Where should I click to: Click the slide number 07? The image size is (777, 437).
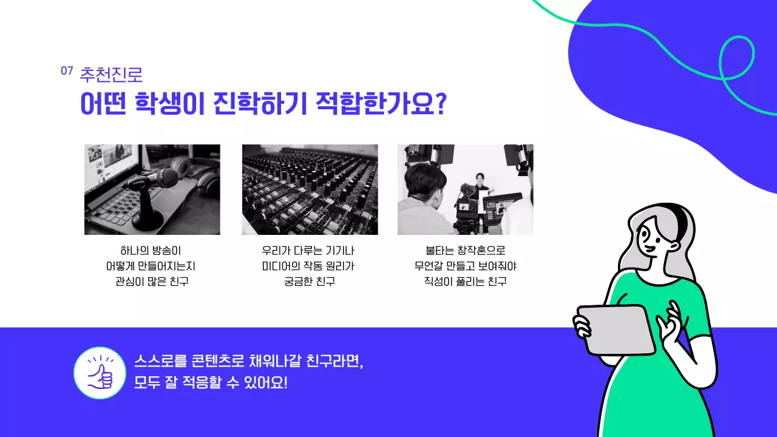(x=67, y=70)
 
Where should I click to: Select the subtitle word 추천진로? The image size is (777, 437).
(x=111, y=74)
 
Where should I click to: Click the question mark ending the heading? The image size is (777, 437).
(x=441, y=104)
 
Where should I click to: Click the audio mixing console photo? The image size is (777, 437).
(x=310, y=189)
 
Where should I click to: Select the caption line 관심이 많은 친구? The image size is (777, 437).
(x=152, y=282)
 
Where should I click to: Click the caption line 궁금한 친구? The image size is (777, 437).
(x=310, y=282)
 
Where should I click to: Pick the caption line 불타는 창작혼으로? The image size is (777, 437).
(x=466, y=250)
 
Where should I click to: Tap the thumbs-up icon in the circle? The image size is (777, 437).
(x=100, y=373)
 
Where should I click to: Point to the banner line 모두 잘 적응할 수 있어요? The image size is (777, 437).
(x=211, y=384)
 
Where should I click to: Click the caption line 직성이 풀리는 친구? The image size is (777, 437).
(x=466, y=282)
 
